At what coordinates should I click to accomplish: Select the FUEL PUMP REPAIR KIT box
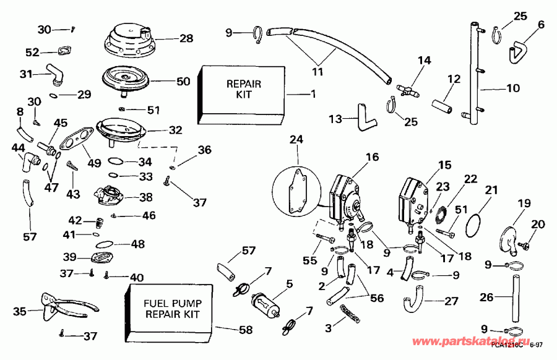[x=170, y=309]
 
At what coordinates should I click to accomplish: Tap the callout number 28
[x=186, y=38]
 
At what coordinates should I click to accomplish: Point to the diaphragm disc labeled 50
[x=127, y=79]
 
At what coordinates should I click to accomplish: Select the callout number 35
[x=20, y=311]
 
